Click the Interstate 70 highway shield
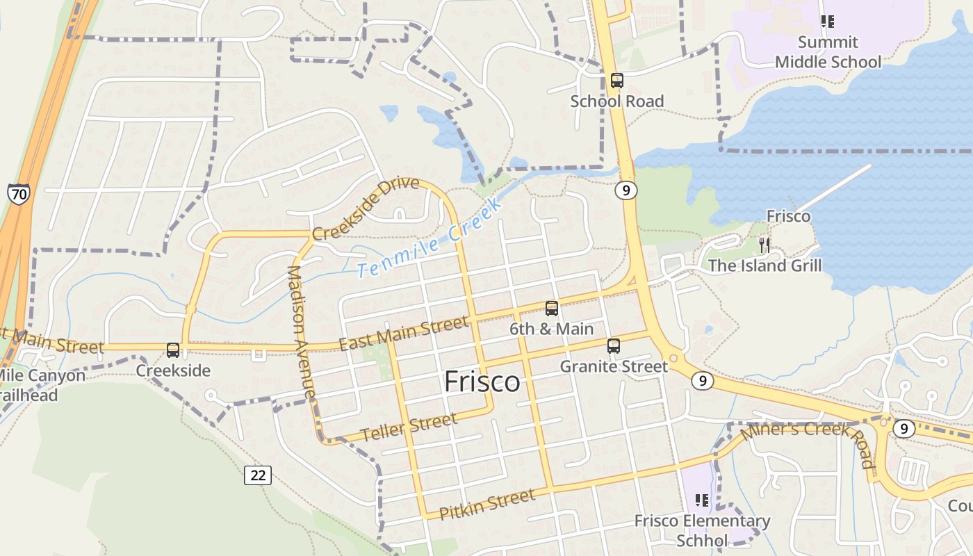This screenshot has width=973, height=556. pyautogui.click(x=19, y=194)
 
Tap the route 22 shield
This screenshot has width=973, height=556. pyautogui.click(x=258, y=475)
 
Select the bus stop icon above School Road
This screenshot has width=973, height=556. pyautogui.click(x=617, y=81)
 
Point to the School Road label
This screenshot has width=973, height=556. pyautogui.click(x=617, y=101)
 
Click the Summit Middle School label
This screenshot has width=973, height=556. pyautogui.click(x=828, y=52)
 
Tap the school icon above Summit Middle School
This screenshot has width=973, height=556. pyautogui.click(x=828, y=22)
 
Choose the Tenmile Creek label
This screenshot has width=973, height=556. pyautogui.click(x=430, y=238)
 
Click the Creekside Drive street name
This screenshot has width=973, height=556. pyautogui.click(x=366, y=208)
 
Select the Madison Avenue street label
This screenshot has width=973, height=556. pyautogui.click(x=302, y=332)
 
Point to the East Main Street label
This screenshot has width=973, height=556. pyautogui.click(x=403, y=334)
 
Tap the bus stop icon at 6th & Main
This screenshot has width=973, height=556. pyautogui.click(x=552, y=308)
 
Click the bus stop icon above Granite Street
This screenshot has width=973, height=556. pyautogui.click(x=614, y=345)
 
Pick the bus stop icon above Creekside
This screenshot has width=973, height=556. pyautogui.click(x=173, y=350)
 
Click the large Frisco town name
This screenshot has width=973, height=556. pyautogui.click(x=482, y=382)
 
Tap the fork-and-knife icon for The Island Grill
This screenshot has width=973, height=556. pyautogui.click(x=764, y=245)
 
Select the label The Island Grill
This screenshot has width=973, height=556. pyautogui.click(x=764, y=265)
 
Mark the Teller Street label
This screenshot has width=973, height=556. pyautogui.click(x=409, y=426)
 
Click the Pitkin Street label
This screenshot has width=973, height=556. pyautogui.click(x=487, y=504)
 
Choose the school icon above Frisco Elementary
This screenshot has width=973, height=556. pyautogui.click(x=702, y=500)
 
